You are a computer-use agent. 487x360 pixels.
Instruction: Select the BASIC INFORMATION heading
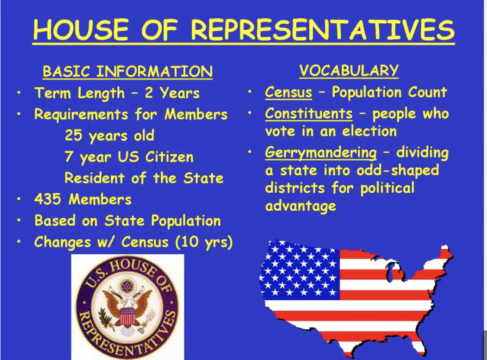[128, 72]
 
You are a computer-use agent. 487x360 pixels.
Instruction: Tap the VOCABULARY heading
[349, 70]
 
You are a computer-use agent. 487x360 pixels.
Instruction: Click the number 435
[47, 199]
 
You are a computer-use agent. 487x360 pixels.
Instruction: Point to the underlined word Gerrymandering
[321, 153]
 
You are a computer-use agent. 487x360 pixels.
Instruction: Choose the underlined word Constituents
[309, 113]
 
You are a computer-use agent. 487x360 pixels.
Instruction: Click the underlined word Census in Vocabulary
[289, 92]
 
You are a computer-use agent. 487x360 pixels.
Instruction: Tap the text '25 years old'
[109, 136]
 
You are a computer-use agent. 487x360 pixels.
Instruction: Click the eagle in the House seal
[127, 308]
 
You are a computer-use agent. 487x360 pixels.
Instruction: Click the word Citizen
[169, 157]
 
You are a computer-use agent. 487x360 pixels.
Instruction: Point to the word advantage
[301, 206]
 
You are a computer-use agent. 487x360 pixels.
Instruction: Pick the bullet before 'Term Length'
[19, 93]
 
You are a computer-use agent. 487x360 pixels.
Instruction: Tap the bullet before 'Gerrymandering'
[249, 152]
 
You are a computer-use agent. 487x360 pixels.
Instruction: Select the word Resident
[94, 178]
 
